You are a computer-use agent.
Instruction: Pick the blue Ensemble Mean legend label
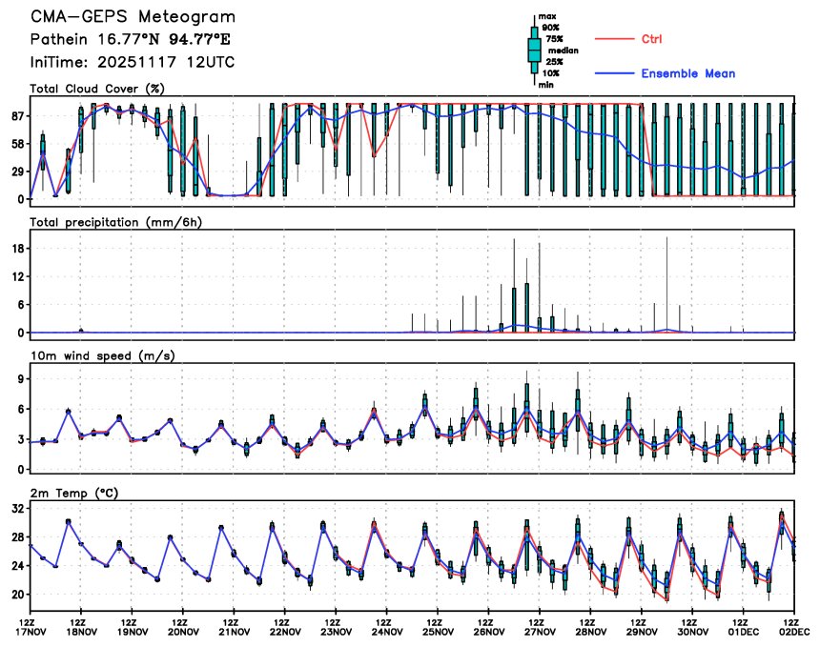687,73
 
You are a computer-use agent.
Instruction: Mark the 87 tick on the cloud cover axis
17,116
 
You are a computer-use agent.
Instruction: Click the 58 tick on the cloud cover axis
17,144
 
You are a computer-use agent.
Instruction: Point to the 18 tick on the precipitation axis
17,248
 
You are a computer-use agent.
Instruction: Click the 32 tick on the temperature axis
17,510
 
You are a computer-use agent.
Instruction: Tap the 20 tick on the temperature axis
17,595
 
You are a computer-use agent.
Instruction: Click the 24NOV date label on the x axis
386,630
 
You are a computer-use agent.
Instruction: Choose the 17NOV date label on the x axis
31,630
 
